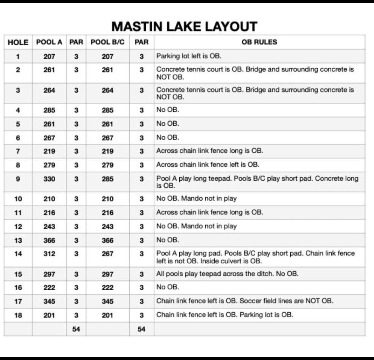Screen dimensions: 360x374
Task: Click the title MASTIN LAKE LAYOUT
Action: point(184,27)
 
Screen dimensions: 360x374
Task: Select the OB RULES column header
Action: point(259,42)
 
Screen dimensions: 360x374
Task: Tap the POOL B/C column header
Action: point(108,42)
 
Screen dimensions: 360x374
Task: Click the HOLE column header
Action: point(18,42)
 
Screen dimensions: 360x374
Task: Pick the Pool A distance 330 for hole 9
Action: point(49,179)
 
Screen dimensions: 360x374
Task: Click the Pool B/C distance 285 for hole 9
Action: point(108,179)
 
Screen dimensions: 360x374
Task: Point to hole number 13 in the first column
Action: point(18,240)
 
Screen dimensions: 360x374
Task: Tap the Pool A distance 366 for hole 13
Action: point(49,240)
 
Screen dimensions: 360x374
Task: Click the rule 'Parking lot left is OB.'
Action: point(189,56)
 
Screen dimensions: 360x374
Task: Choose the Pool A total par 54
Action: point(76,329)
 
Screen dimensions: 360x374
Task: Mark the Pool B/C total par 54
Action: point(141,329)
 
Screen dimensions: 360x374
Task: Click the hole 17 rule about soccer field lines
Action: point(245,301)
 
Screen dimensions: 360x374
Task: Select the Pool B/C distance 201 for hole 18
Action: point(108,315)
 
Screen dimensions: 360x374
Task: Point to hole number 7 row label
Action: point(18,151)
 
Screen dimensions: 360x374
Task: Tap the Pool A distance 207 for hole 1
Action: point(49,56)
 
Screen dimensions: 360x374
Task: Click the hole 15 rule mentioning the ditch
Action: point(227,274)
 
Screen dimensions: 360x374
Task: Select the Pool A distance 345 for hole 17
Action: point(49,301)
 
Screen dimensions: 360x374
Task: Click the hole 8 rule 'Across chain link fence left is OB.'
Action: point(208,165)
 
